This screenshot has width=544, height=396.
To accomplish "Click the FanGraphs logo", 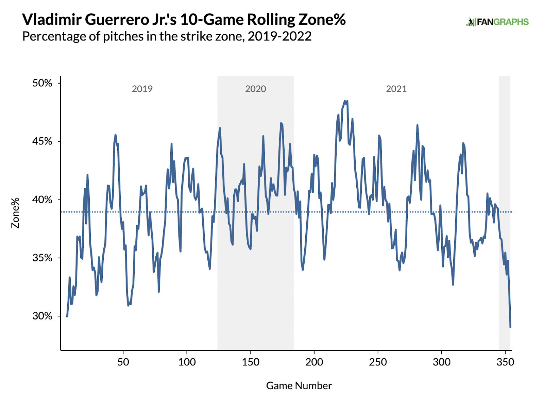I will click(x=497, y=22).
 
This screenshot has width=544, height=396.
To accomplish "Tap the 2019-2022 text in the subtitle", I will click(x=279, y=36).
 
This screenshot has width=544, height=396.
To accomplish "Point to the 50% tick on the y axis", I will click(x=42, y=83).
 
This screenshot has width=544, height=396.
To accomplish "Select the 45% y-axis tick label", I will click(x=42, y=141).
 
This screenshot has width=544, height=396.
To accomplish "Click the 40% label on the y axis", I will click(x=42, y=200).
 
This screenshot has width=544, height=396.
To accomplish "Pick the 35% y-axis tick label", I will click(x=42, y=258).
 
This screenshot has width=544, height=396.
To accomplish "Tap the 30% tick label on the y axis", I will click(x=42, y=316).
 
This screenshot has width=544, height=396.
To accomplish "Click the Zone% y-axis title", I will click(x=15, y=213).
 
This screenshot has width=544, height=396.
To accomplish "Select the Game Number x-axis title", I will click(x=299, y=385).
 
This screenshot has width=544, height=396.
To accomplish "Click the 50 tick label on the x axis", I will click(x=123, y=362).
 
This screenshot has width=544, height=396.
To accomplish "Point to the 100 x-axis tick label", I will click(x=187, y=362).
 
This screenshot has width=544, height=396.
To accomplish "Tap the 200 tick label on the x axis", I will click(x=314, y=362).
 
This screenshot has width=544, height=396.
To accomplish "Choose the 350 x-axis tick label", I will click(x=505, y=362).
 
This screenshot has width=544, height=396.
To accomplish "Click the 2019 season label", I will click(x=142, y=89).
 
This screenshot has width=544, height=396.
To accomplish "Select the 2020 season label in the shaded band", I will click(x=255, y=89).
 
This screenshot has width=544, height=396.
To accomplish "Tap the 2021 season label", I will click(x=396, y=89).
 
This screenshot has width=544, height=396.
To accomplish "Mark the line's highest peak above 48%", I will click(x=345, y=101).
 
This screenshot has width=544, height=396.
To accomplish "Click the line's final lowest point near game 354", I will click(x=510, y=327).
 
